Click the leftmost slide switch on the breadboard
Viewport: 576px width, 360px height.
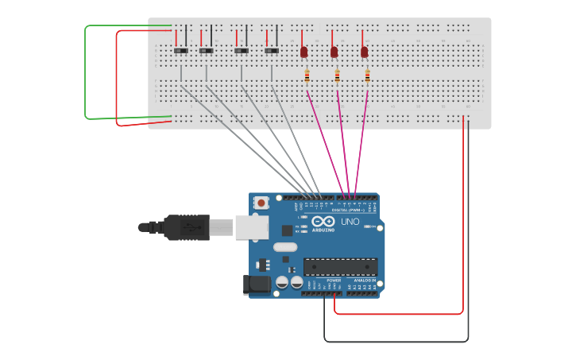point(181,51)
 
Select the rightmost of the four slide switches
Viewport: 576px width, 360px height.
point(272,51)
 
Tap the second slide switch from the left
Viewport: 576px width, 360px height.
point(207,51)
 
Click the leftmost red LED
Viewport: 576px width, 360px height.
point(303,52)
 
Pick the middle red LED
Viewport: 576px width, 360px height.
point(334,52)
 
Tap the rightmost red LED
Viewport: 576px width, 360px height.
point(364,52)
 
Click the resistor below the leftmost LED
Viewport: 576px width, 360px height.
point(307,76)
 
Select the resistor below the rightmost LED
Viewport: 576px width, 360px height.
point(367,76)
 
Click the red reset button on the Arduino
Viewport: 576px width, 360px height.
point(261,203)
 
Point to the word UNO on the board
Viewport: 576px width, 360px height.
point(350,222)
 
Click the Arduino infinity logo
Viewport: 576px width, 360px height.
point(323,222)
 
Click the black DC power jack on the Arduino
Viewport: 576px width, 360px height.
point(256,284)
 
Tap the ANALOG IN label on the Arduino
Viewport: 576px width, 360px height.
point(364,281)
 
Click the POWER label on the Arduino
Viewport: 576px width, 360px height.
point(334,281)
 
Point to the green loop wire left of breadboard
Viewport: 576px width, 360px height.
point(86,72)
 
